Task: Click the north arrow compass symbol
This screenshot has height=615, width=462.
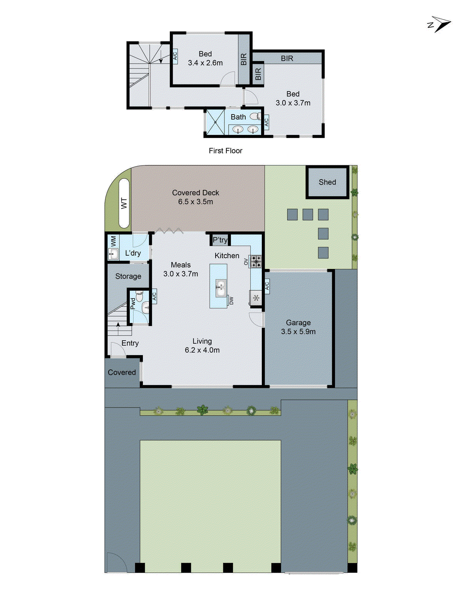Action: coord(439,24)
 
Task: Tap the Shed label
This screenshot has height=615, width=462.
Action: coord(327,182)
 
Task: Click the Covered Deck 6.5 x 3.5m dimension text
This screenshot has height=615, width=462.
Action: coord(196,201)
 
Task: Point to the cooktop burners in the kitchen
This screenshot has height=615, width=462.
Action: coord(256,261)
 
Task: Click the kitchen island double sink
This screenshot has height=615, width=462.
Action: coord(220,289)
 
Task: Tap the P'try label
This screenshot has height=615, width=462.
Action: coord(220,240)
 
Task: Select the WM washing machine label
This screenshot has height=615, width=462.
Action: coord(113,241)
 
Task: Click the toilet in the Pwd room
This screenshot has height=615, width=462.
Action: coord(139,296)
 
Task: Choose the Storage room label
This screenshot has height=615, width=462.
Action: coord(128,276)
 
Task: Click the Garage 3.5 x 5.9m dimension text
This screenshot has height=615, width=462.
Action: coord(298,331)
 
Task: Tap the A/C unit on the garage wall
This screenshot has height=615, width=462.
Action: coord(267,286)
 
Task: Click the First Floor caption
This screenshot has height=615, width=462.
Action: coord(226,151)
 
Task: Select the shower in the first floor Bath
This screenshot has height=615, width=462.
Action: coord(215,122)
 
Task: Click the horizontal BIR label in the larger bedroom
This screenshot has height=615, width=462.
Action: coord(287,58)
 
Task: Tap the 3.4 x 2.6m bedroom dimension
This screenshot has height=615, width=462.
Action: coord(205,63)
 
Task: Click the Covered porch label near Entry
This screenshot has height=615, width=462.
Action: coord(122,372)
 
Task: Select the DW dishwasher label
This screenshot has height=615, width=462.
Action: coord(231,301)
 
